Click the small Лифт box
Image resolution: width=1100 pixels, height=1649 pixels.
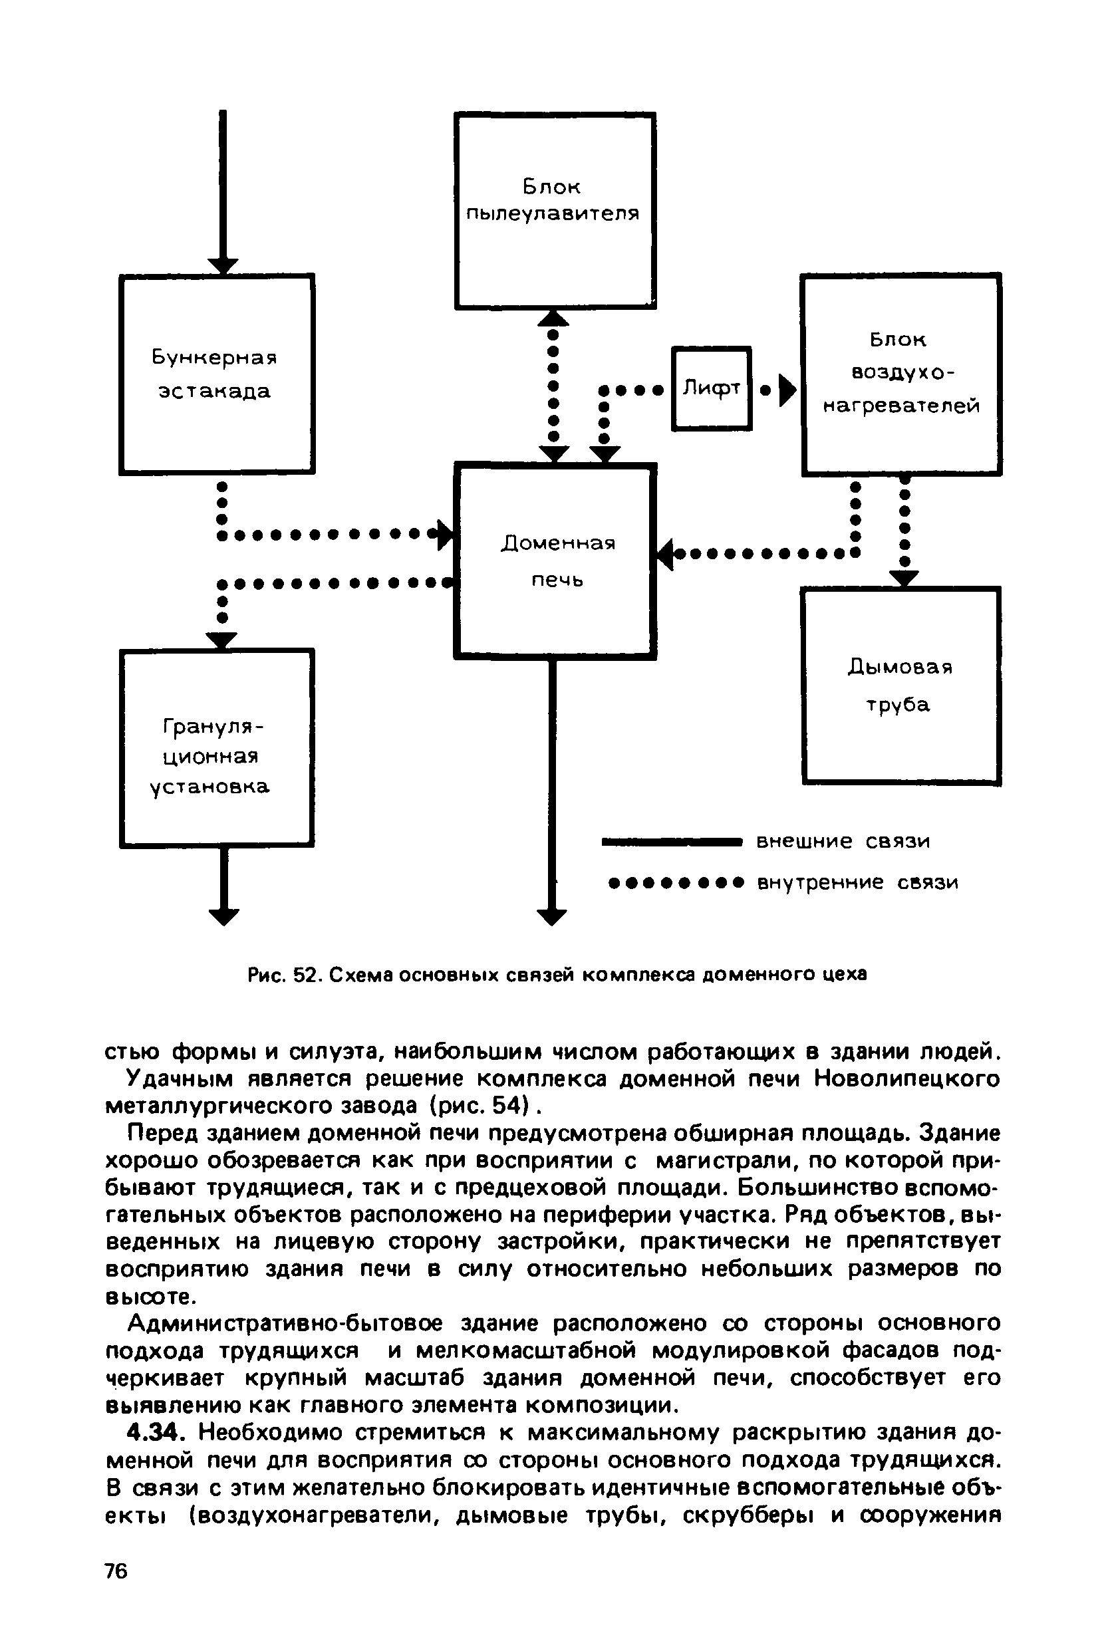pyautogui.click(x=712, y=388)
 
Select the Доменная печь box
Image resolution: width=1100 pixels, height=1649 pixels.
pyautogui.click(x=555, y=561)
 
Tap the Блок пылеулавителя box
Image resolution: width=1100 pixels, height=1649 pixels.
pyautogui.click(x=555, y=209)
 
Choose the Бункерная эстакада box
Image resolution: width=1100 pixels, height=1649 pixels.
pyautogui.click(x=216, y=374)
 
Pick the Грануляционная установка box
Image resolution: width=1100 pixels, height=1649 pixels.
pyautogui.click(x=216, y=749)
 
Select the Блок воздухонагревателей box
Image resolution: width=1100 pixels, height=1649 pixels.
pyautogui.click(x=900, y=374)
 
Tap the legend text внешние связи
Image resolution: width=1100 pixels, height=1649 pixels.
pyautogui.click(x=843, y=841)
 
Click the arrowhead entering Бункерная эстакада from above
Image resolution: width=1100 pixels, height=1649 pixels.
pyautogui.click(x=223, y=266)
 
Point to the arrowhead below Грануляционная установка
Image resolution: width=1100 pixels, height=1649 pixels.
pyautogui.click(x=223, y=916)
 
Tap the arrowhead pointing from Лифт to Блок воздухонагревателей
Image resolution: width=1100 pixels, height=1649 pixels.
pyautogui.click(x=789, y=390)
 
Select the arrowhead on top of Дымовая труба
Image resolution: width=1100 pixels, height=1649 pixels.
pyautogui.click(x=904, y=578)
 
